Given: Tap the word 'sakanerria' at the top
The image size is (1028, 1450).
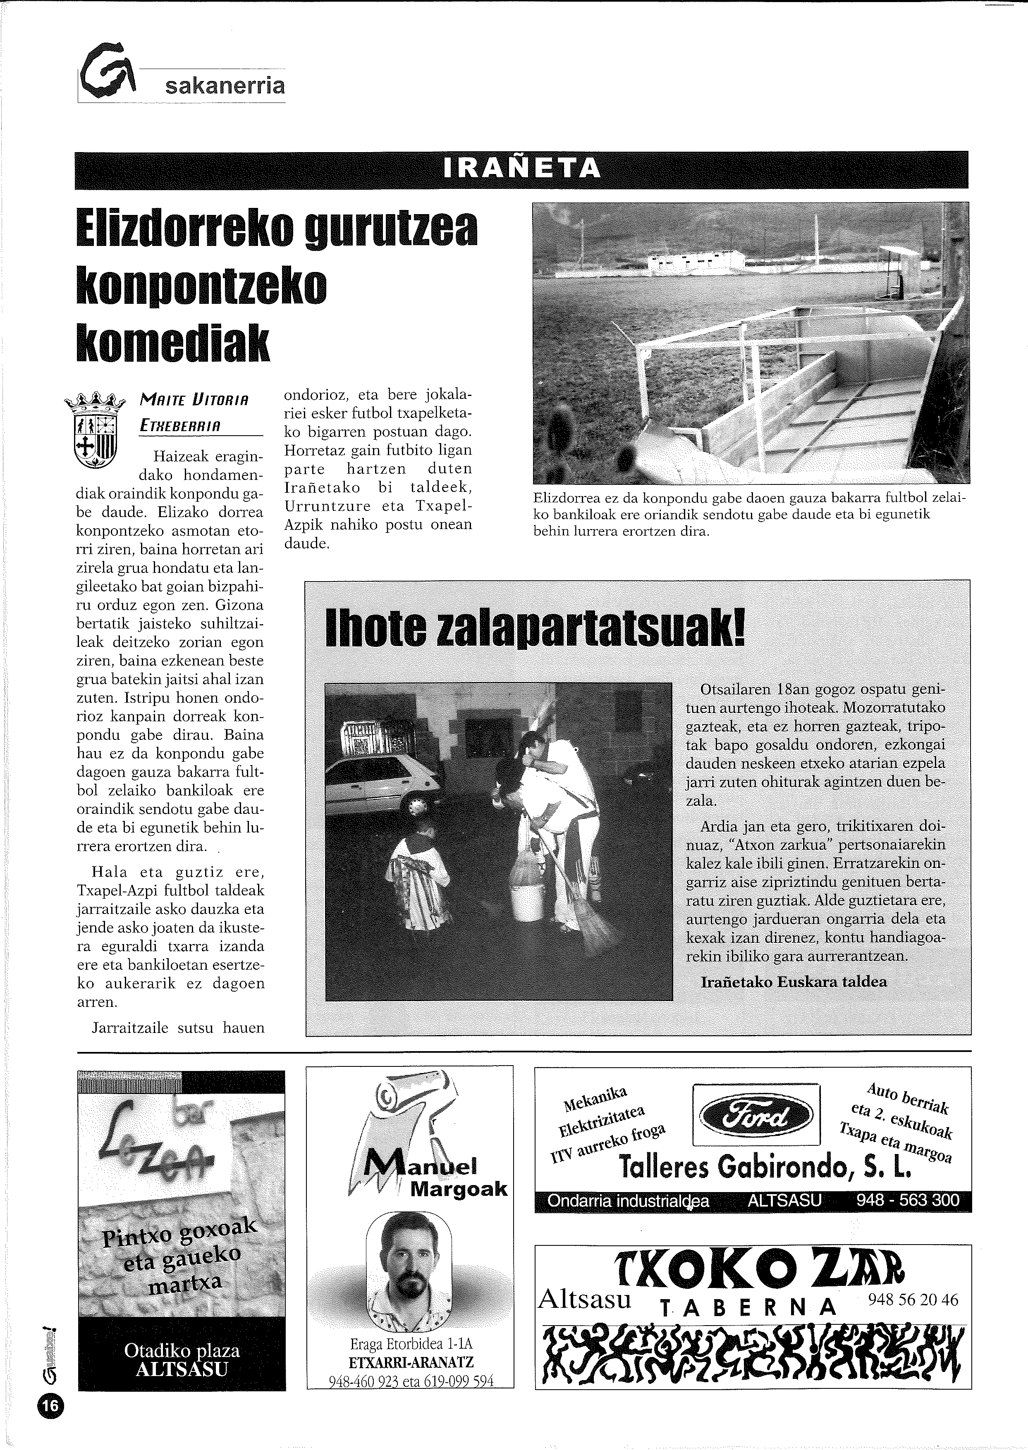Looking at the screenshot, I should [x=225, y=86].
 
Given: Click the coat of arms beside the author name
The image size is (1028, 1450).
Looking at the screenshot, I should [x=96, y=431].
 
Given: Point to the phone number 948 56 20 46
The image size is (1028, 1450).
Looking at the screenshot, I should [x=913, y=1300].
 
